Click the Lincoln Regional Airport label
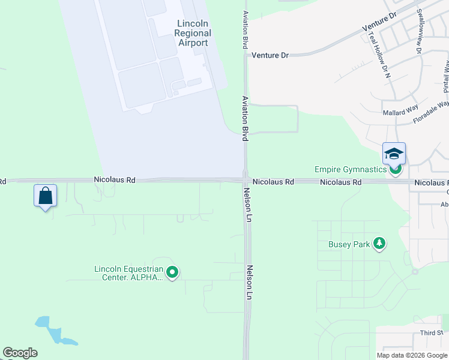tap(193, 33)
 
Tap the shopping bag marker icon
tap(45, 195)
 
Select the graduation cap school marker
tap(394, 154)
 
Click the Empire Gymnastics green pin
tap(395, 170)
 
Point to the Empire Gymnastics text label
tap(351, 169)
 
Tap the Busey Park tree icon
tap(379, 244)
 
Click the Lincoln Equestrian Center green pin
tap(172, 272)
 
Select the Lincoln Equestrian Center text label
tap(128, 273)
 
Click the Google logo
tap(20, 353)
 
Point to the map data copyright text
tap(412, 355)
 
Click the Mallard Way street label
tap(400, 111)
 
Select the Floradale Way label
tap(431, 112)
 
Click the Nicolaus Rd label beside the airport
tap(115, 179)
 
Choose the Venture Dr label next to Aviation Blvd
tap(270, 55)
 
